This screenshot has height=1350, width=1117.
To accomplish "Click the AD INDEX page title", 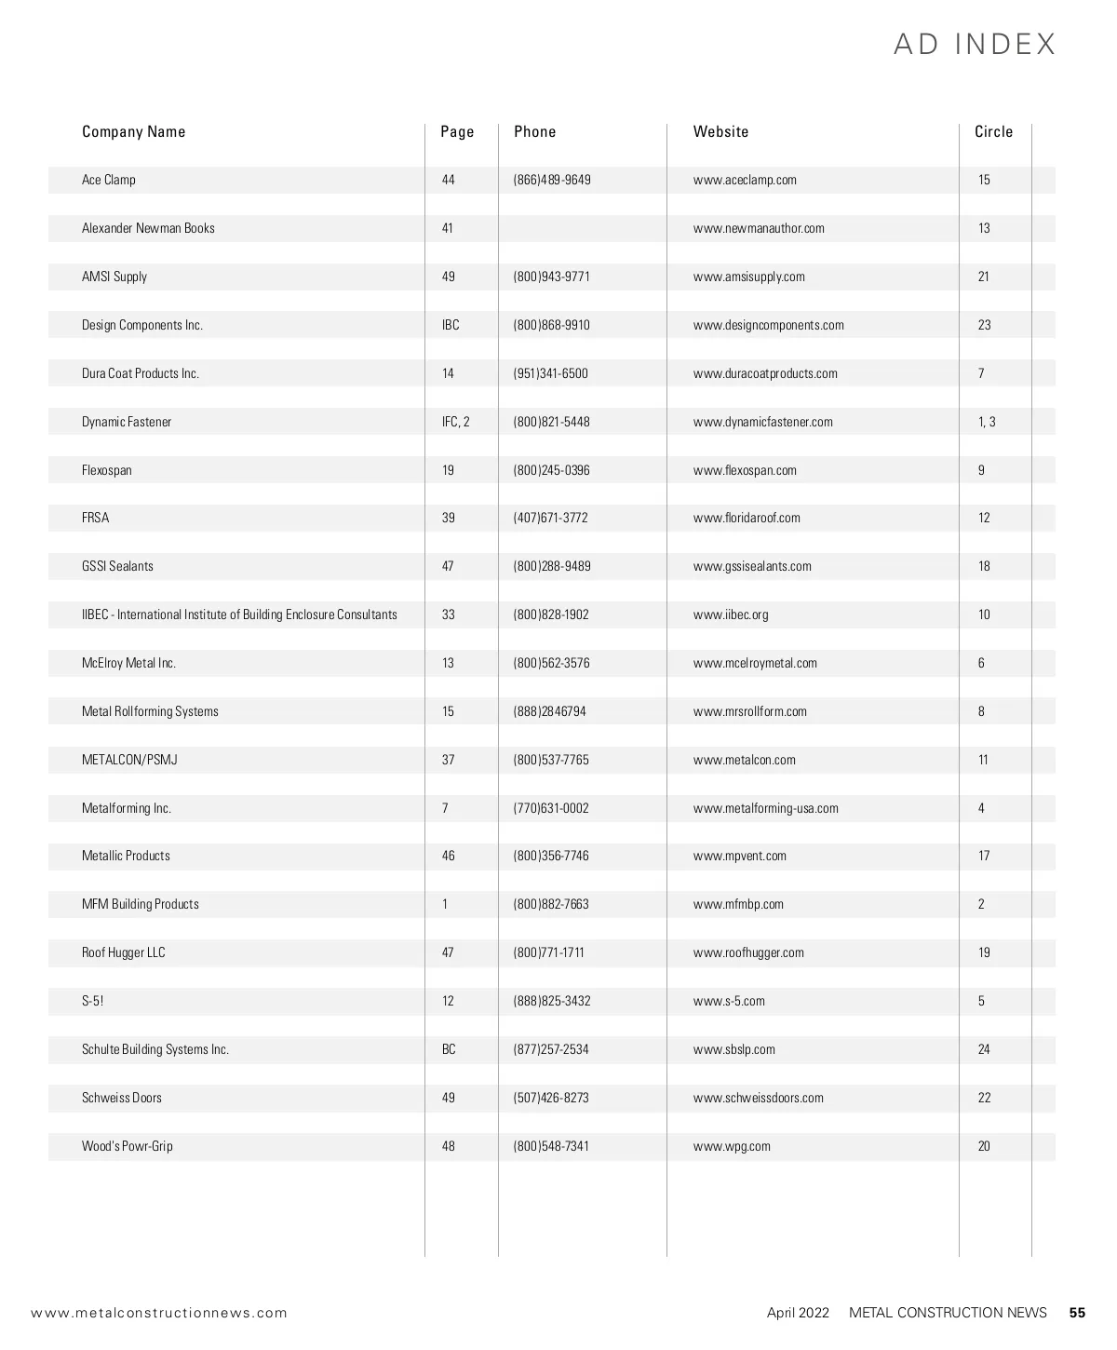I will [975, 45].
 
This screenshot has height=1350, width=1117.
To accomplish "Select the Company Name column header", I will [133, 131].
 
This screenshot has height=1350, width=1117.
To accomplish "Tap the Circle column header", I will [993, 131].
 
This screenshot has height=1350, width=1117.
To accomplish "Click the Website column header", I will [720, 131].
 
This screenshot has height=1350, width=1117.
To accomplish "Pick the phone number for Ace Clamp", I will [552, 180].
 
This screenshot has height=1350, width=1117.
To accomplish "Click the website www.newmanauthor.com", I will [759, 228].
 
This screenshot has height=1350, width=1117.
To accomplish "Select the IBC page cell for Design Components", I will [451, 325].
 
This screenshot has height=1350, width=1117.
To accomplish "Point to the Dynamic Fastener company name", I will [127, 422].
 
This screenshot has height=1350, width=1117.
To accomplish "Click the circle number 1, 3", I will [987, 422].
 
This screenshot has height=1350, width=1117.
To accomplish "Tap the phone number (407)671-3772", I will [551, 518].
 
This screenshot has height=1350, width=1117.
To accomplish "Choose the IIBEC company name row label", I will [239, 614].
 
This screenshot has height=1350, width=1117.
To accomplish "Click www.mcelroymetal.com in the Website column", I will [755, 663].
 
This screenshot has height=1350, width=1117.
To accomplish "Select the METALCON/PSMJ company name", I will [129, 760].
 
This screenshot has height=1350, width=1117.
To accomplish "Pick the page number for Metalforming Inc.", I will [445, 808].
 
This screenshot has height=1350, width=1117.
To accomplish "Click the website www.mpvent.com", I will [740, 856].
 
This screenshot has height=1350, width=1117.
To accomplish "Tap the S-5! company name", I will [93, 1001].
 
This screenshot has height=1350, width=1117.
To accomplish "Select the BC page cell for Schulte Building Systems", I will [449, 1049].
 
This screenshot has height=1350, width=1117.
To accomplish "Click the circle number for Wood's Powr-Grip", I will [984, 1146].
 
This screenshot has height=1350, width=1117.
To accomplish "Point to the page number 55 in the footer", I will [1077, 1313].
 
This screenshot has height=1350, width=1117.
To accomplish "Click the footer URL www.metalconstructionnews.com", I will [159, 1313].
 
